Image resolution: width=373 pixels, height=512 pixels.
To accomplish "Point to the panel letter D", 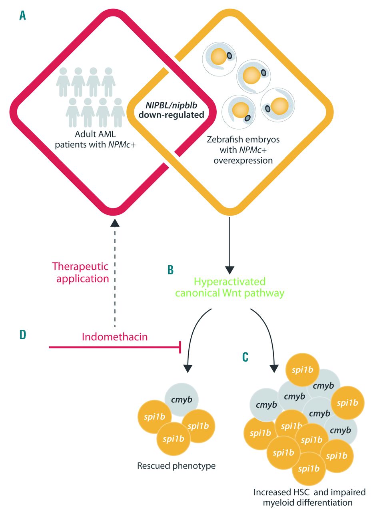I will pos(24,335).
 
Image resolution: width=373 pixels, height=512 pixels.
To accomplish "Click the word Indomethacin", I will pos(115,337).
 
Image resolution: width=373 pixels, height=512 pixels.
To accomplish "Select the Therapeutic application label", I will pos(80,272).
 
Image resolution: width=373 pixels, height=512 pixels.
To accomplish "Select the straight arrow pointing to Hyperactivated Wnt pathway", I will pos(229,244).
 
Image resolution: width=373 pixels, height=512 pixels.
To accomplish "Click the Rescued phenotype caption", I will pos(176,466).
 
